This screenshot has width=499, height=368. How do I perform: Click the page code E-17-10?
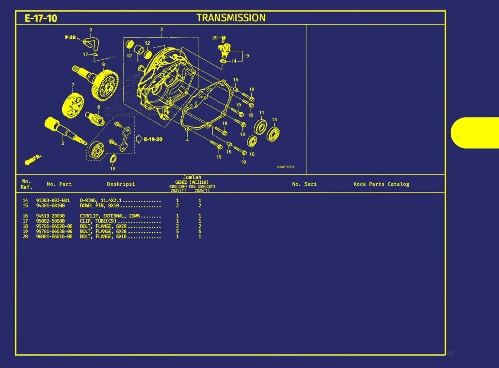pyautogui.click(x=41, y=18)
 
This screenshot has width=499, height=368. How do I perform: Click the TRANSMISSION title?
pyautogui.click(x=231, y=18)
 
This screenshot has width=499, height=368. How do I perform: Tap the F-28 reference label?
pyautogui.click(x=70, y=37)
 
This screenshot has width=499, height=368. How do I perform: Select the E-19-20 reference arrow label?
pyautogui.click(x=153, y=139)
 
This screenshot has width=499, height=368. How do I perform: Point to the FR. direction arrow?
pyautogui.click(x=33, y=159)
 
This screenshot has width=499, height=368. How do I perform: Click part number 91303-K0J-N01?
pyautogui.click(x=53, y=200)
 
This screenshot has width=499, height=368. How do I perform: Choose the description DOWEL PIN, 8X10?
pyautogui.click(x=99, y=206)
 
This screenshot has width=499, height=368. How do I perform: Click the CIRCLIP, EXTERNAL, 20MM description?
pyautogui.click(x=110, y=216)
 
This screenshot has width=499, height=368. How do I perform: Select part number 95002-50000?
pyautogui.click(x=50, y=221)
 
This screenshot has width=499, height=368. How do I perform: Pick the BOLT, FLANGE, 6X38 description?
pyautogui.click(x=103, y=231)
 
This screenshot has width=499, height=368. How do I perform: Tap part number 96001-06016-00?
pyautogui.click(x=54, y=236)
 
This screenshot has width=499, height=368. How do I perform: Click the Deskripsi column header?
pyautogui.click(x=121, y=184)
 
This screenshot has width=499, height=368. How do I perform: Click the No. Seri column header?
pyautogui.click(x=304, y=184)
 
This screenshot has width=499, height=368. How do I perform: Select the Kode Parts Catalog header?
pyautogui.click(x=381, y=184)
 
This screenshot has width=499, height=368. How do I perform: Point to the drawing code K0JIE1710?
pyautogui.click(x=285, y=167)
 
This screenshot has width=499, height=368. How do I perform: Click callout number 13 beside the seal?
pyautogui.click(x=274, y=120)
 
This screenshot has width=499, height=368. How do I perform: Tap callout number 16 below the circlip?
pyautogui.click(x=113, y=168)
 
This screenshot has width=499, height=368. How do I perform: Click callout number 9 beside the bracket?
pyautogui.click(x=248, y=56)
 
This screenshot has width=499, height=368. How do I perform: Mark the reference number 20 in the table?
pyautogui.click(x=25, y=236)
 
